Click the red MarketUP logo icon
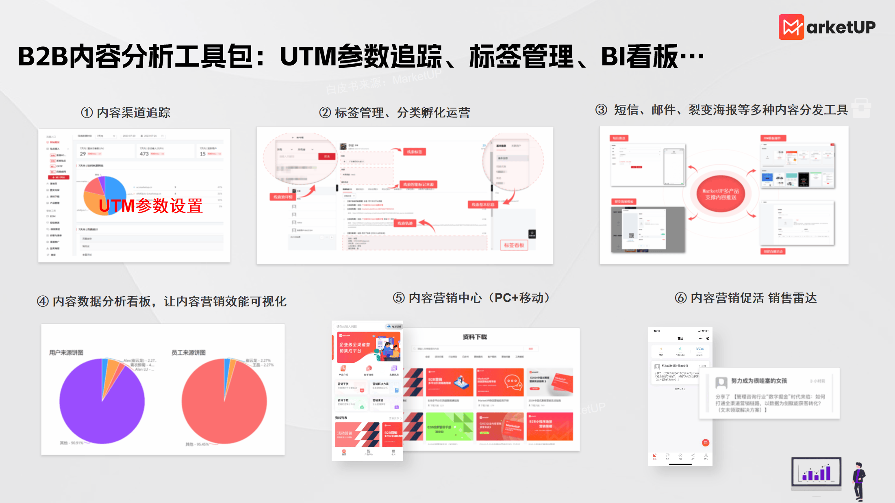[x=791, y=27]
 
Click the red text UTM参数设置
[x=151, y=206]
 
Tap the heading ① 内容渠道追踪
[x=126, y=113]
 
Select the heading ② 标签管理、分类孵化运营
[x=394, y=113]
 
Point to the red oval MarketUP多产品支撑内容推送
[x=720, y=194]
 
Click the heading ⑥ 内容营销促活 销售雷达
[x=745, y=298]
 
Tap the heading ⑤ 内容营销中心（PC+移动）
[x=471, y=298]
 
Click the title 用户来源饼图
[x=66, y=352]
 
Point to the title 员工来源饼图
[x=189, y=352]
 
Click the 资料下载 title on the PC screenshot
[x=474, y=337]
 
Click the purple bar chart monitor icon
[x=816, y=473]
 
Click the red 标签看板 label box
[x=514, y=245]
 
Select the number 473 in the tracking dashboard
[x=144, y=154]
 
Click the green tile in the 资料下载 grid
[x=449, y=426]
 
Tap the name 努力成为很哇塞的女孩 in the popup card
[x=759, y=381]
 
